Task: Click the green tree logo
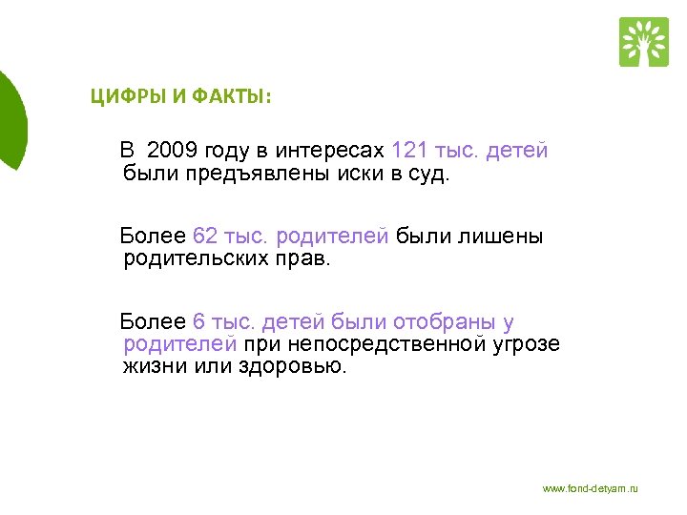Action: [643, 41]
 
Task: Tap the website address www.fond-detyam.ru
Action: [590, 488]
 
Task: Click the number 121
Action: [409, 151]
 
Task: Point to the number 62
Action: [205, 236]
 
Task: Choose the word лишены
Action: [507, 236]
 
